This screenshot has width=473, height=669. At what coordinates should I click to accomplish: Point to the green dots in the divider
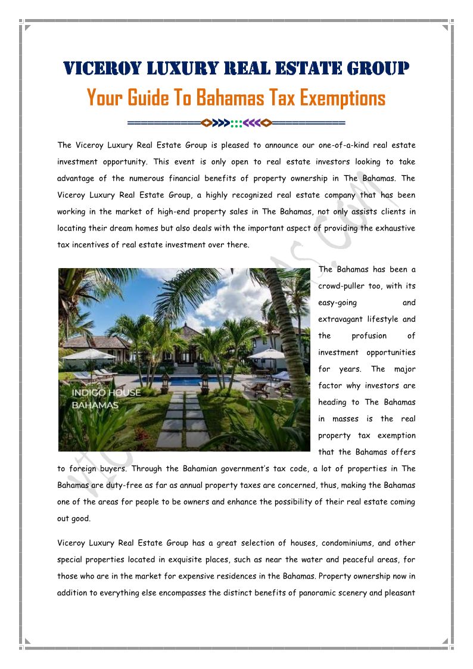coord(236,123)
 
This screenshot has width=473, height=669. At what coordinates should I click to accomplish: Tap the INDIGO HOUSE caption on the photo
coord(106,393)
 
